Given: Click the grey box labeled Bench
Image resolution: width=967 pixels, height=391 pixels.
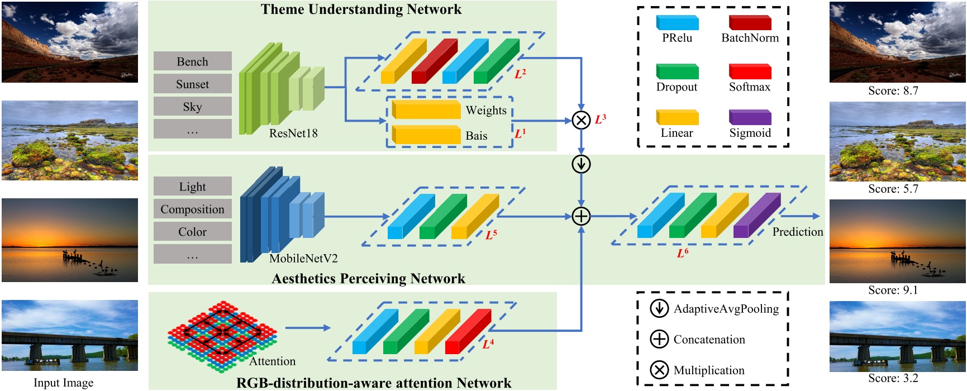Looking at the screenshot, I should click(192, 61).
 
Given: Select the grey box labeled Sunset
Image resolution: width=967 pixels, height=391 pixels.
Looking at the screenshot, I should click(192, 84).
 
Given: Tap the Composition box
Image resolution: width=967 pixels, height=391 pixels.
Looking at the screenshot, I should click(192, 209).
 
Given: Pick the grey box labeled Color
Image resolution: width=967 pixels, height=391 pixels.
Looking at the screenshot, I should click(192, 231).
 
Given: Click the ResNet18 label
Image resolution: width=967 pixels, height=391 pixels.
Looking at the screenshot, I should click(293, 133).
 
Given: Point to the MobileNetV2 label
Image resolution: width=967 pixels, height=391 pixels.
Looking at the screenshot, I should click(303, 259).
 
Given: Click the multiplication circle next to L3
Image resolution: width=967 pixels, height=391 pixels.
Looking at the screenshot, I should click(581, 120).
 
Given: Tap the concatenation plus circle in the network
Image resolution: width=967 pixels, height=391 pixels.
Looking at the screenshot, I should click(581, 216).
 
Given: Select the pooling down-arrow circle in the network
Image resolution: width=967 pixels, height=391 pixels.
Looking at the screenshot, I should click(581, 164).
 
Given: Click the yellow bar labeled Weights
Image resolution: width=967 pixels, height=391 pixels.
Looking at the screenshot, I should click(426, 109).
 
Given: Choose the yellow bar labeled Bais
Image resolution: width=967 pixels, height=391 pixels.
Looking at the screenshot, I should click(426, 135).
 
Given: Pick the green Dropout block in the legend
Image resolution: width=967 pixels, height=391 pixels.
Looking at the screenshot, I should click(677, 71).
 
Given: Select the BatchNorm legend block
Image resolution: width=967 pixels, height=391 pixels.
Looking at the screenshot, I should click(750, 23).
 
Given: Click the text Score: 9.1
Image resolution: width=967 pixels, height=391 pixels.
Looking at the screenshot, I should click(893, 290).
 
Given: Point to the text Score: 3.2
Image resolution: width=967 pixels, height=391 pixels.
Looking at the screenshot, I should click(893, 378).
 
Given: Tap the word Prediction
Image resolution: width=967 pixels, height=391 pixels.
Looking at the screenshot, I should click(798, 232).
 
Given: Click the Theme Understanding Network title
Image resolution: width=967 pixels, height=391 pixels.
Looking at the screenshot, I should click(361, 9).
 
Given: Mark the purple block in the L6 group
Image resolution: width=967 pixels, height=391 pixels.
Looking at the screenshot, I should click(757, 216).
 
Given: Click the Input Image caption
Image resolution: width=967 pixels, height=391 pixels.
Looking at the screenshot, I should click(63, 383).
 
